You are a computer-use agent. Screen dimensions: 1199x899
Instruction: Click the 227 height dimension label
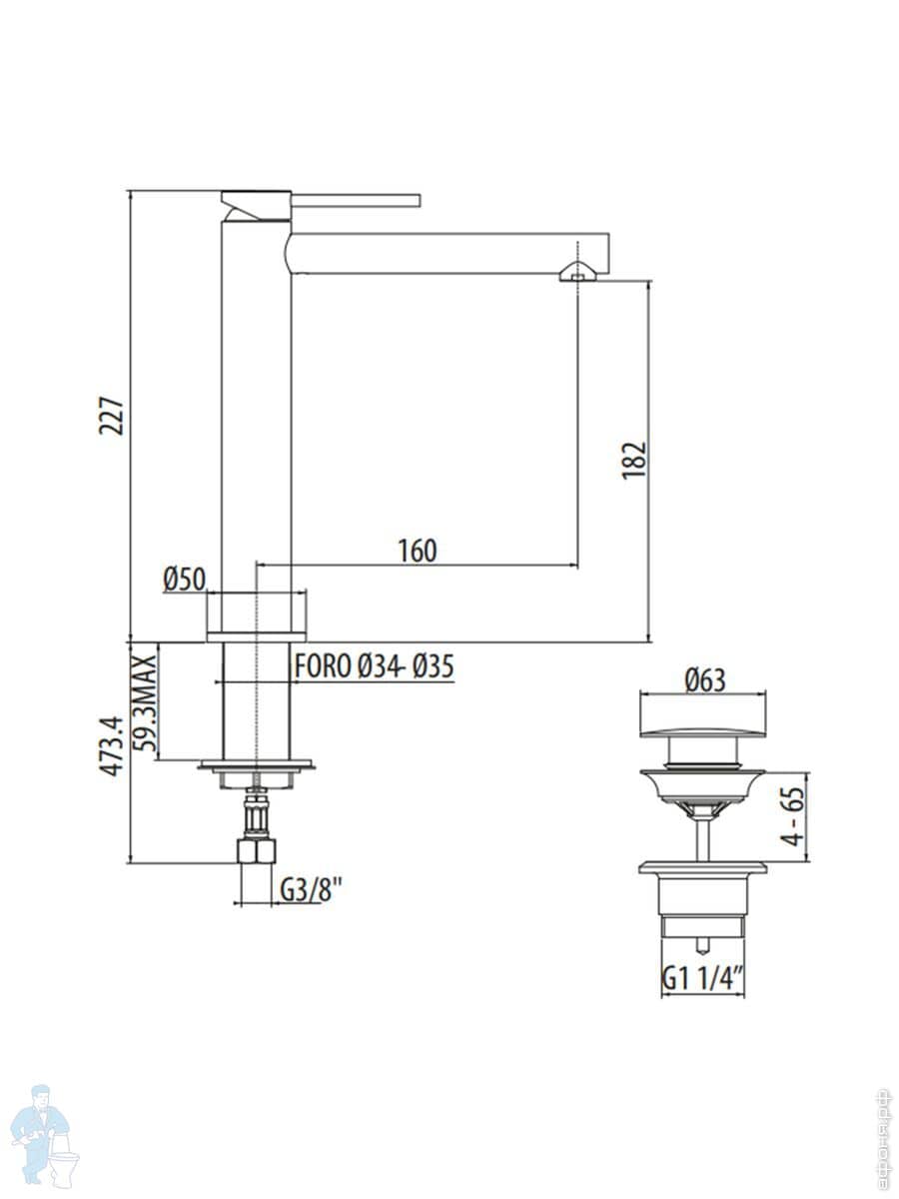point(112,415)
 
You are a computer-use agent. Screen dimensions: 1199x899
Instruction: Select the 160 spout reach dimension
point(417,550)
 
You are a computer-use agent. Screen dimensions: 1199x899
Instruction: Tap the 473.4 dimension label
point(112,745)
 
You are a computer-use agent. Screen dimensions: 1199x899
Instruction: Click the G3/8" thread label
point(312,887)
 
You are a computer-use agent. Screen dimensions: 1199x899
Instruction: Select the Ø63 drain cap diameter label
point(704,680)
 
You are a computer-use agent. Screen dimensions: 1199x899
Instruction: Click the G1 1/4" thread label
point(703,980)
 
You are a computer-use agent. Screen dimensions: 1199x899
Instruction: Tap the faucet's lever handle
point(355,199)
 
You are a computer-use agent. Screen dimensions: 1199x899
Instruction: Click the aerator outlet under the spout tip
point(578,273)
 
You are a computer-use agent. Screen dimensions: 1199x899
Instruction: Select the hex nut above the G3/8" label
point(256,851)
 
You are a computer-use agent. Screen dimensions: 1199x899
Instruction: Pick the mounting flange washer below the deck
point(256,766)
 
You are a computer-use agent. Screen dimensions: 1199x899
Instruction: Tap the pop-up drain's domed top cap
point(702,716)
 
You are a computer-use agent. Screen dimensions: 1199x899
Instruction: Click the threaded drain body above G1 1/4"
point(703,899)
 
